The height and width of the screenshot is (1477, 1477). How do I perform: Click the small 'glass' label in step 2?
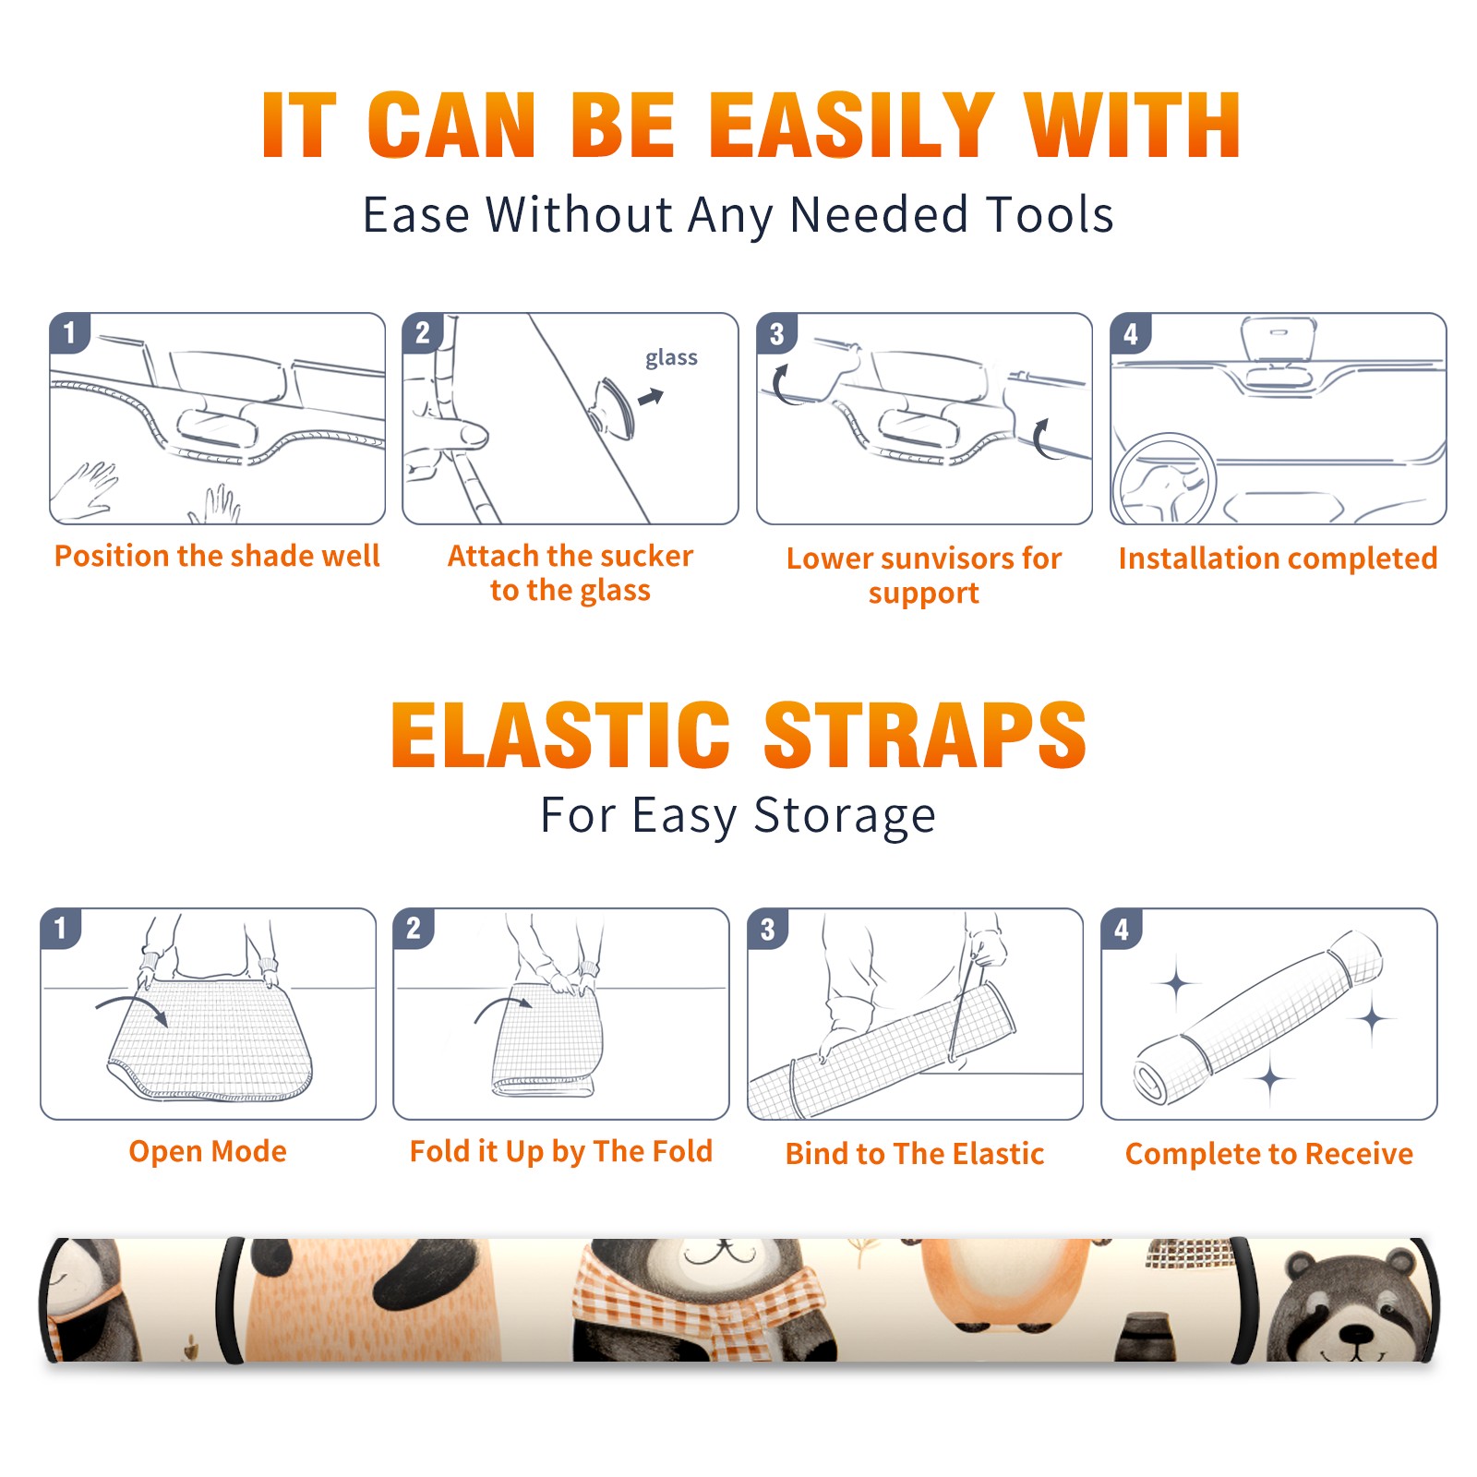click(671, 358)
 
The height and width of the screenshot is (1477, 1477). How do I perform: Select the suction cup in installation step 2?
click(613, 407)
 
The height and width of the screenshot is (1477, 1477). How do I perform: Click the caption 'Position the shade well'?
click(217, 556)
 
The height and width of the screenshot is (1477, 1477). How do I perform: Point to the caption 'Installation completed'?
click(1278, 558)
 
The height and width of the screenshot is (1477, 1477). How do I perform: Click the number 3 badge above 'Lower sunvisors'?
click(776, 333)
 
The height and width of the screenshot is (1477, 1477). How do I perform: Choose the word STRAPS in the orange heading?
click(925, 735)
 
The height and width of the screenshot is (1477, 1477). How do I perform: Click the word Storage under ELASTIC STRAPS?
click(845, 816)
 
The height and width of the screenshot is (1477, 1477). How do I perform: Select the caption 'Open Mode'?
click(208, 1151)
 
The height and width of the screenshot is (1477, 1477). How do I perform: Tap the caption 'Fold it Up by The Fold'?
click(561, 1152)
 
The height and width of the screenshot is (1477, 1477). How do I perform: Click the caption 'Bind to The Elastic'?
click(915, 1154)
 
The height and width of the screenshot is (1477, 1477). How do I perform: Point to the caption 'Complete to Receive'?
click(1269, 1154)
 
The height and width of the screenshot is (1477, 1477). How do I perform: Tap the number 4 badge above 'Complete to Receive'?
click(1122, 929)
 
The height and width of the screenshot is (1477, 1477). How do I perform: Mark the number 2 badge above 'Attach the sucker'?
click(423, 333)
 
